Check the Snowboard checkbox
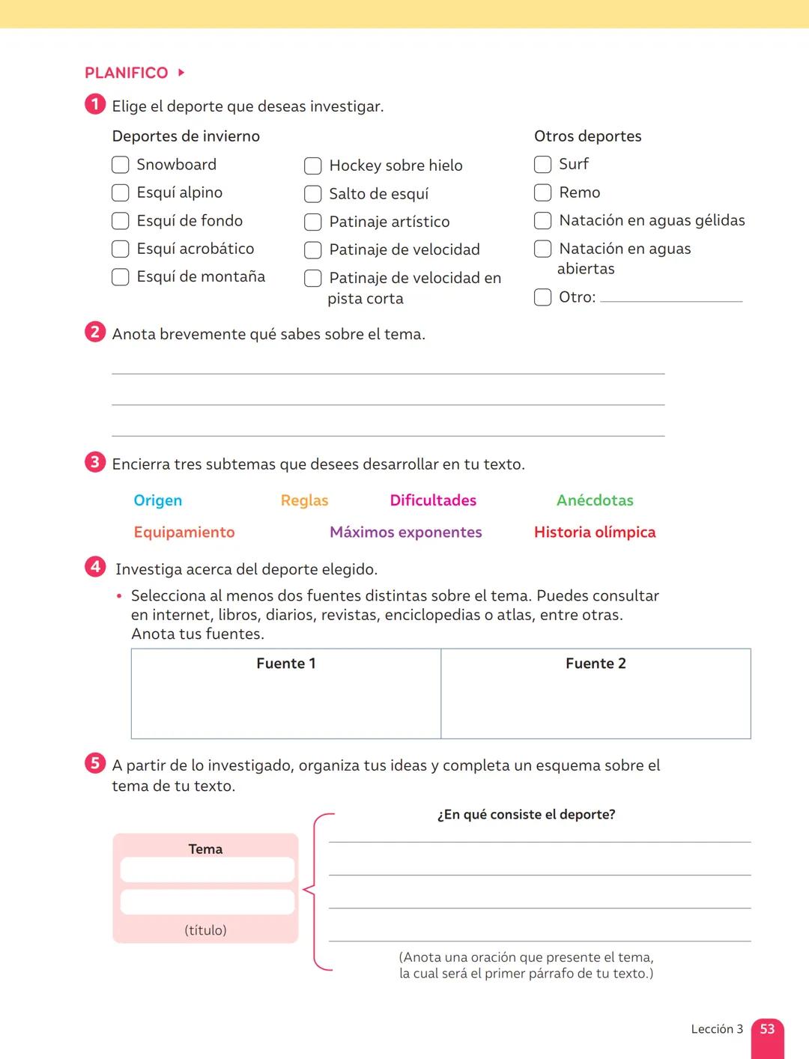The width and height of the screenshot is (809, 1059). [x=120, y=165]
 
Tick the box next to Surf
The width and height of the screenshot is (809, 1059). [x=542, y=164]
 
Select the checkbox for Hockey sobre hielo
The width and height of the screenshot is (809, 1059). [x=312, y=166]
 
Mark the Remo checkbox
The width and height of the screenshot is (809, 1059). [x=542, y=192]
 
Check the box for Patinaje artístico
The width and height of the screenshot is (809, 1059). [x=312, y=222]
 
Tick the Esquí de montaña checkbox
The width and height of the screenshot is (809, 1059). [x=120, y=277]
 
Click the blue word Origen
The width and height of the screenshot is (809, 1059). [x=157, y=500]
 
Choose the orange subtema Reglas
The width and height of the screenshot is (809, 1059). [x=304, y=500]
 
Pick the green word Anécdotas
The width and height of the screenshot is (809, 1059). [x=595, y=500]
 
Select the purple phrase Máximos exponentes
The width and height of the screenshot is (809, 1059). [x=405, y=532]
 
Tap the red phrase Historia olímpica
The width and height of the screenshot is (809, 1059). [x=595, y=532]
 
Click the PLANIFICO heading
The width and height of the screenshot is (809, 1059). [x=127, y=73]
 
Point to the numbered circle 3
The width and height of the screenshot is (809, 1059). [x=94, y=462]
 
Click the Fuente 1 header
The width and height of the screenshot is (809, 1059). [x=286, y=664]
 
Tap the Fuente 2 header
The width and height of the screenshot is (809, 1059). [x=596, y=664]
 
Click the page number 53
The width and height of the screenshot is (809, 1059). [x=767, y=1029]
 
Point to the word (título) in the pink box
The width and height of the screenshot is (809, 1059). [x=205, y=930]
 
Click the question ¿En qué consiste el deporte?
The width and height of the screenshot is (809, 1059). [x=526, y=815]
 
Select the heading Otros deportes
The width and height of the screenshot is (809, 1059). [x=587, y=136]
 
